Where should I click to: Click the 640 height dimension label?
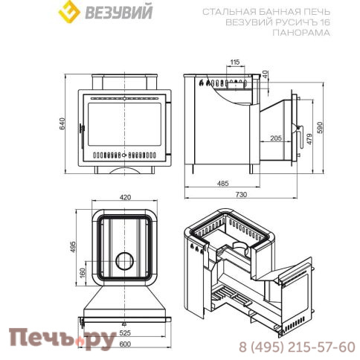62,123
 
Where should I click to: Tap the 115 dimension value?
235,62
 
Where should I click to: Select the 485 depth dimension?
222,184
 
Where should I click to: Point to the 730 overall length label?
241,194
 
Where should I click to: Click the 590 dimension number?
320,127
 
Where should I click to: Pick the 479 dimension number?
309,139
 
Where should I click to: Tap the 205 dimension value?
276,138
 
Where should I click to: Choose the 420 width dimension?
125,197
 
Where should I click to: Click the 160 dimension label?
83,273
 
